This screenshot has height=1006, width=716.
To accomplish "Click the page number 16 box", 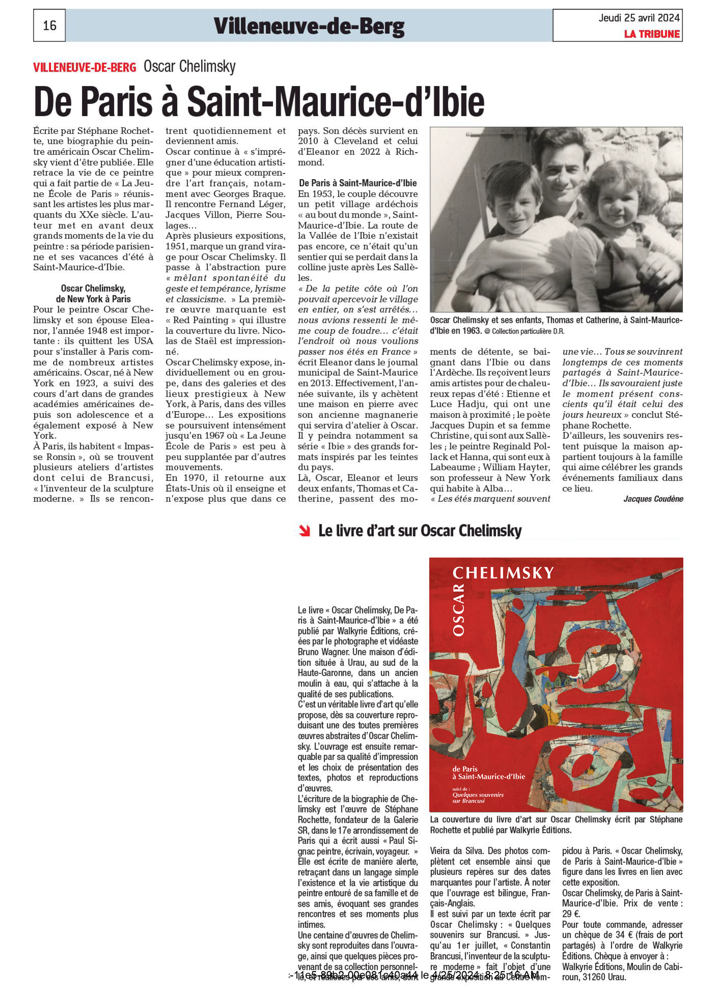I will pos(49,26).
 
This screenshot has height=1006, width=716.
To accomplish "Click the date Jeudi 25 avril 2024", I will pos(639,18).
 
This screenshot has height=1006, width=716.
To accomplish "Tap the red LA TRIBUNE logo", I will pos(651,34).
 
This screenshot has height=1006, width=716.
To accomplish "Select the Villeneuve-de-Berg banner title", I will pos(309,26).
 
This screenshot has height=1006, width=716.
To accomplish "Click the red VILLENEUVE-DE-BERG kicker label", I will pos(85,67).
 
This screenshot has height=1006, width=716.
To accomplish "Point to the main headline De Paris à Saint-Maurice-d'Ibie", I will pos(259,102).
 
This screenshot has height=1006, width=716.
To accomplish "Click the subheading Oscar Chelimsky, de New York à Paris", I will pos(93,293).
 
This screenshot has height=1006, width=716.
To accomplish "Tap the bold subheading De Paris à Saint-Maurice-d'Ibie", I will pos(358,183).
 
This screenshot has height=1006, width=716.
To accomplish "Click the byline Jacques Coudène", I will pos(653,499).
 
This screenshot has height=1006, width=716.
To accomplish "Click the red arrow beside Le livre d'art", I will pos(304,531).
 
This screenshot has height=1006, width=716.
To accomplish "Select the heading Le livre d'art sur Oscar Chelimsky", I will pos(420,531).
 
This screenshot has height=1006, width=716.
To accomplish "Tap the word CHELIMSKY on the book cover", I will pos(503,573).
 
